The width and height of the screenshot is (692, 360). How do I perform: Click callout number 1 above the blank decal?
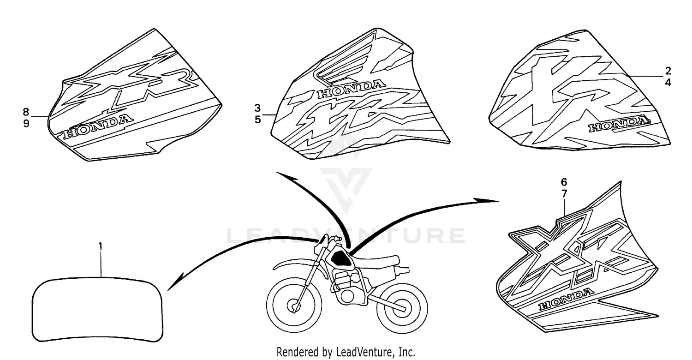click(x=100, y=246)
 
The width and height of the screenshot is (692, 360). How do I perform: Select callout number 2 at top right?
click(x=668, y=71)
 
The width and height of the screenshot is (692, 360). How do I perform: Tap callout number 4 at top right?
click(x=668, y=83)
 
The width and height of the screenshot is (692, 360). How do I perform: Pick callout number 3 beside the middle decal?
click(x=257, y=108)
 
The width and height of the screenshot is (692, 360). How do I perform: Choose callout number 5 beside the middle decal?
click(x=257, y=120)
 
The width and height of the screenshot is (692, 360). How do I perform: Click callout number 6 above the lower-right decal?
click(x=564, y=182)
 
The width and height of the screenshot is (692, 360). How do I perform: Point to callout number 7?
click(x=564, y=194)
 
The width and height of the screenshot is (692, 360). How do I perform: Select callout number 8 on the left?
click(x=26, y=112)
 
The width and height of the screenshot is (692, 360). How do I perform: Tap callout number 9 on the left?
click(x=26, y=124)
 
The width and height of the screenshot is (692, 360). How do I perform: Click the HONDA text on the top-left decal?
click(x=97, y=127)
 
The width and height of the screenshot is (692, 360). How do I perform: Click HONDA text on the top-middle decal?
click(x=352, y=89)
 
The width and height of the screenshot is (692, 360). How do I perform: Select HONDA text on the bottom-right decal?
click(x=566, y=299)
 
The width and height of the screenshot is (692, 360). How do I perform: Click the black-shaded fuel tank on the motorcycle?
click(x=340, y=258)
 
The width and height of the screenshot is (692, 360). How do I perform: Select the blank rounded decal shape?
click(x=98, y=310)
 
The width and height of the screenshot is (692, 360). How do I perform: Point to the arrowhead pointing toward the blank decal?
click(x=173, y=283)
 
